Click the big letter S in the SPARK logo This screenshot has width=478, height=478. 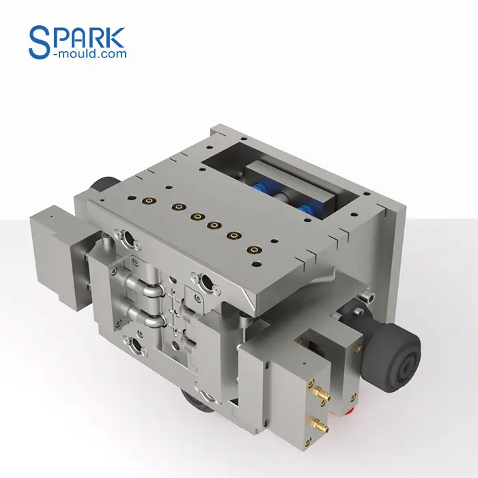[40, 42]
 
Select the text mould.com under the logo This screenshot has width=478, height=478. [93, 53]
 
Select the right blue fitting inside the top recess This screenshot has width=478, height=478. [303, 206]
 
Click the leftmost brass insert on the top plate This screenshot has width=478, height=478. [145, 200]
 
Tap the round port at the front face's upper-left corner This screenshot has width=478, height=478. [125, 239]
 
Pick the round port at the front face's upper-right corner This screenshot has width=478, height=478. [202, 279]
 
